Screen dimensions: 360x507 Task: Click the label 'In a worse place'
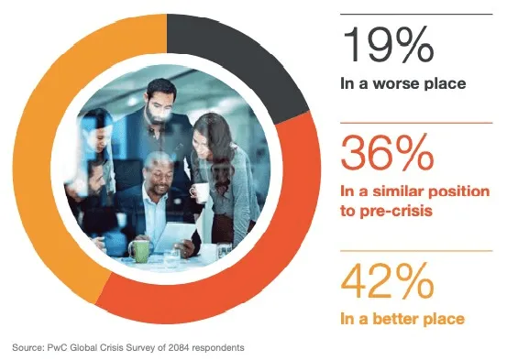pyautogui.click(x=402, y=85)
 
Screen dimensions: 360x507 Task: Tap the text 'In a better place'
pyautogui.click(x=402, y=319)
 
